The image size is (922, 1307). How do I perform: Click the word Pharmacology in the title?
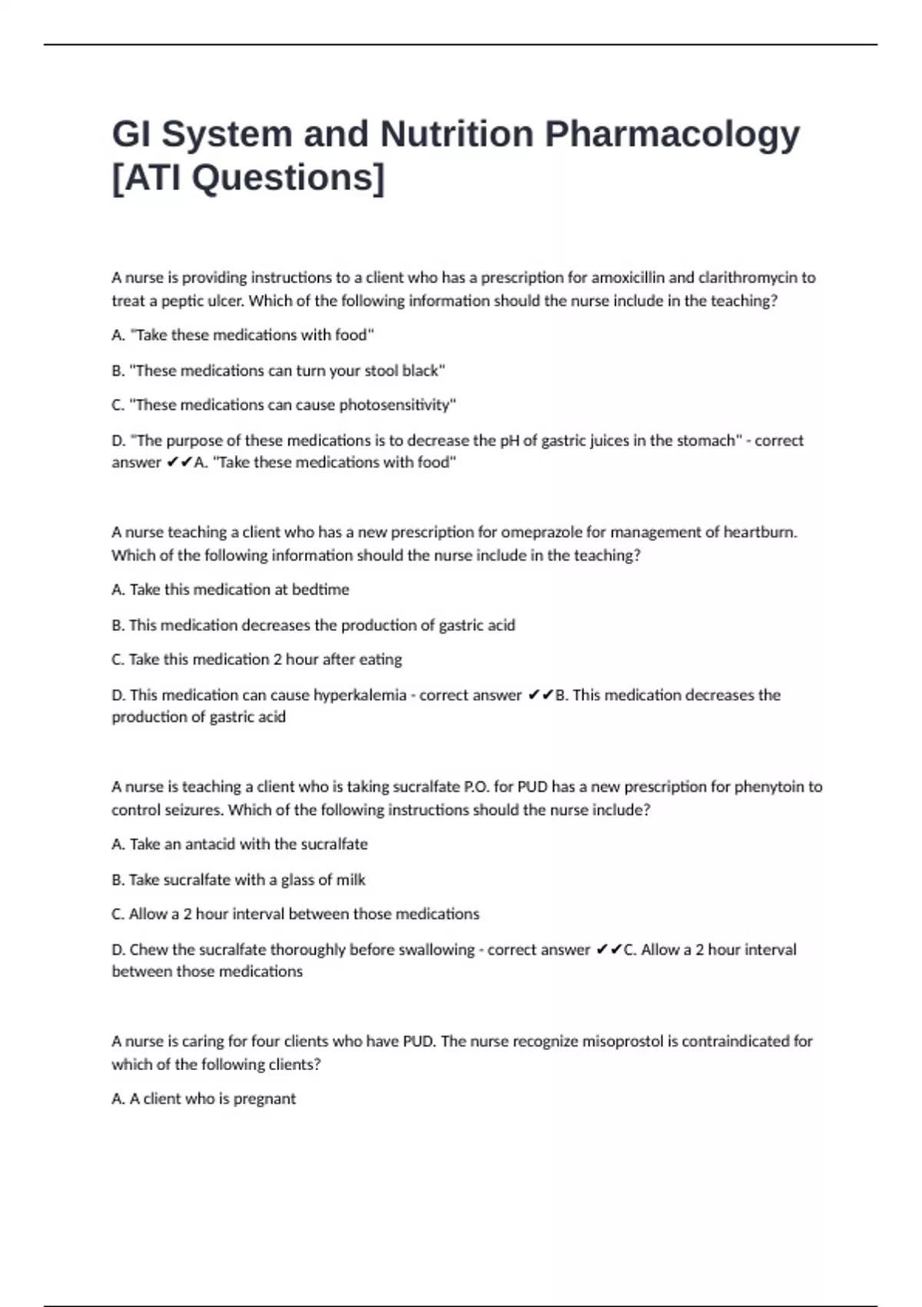tap(672, 135)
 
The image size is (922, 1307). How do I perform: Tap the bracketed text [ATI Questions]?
tap(248, 178)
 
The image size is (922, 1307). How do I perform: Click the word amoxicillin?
tap(628, 278)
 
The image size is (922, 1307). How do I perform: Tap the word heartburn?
tap(760, 532)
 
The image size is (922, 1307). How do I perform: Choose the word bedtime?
tap(320, 590)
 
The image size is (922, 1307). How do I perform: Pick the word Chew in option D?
tap(149, 949)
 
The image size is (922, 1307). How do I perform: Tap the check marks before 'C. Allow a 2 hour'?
tap(609, 949)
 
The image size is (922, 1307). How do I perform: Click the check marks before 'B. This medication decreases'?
tap(540, 695)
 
